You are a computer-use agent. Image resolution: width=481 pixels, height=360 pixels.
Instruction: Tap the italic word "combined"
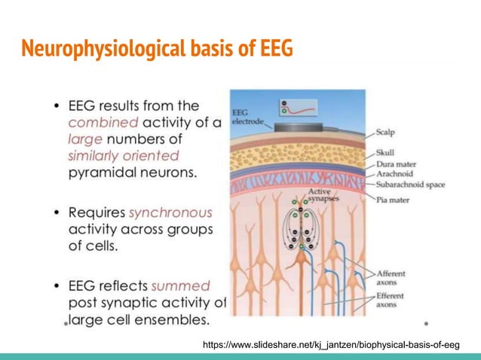pos(102,122)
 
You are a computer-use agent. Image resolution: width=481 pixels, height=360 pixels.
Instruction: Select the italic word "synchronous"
pos(170,212)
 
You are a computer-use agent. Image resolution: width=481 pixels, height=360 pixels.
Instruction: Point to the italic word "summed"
pos(180,286)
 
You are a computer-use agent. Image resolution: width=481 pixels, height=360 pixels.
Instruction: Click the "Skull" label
pos(385,153)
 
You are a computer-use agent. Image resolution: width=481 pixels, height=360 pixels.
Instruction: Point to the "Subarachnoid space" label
pos(410,184)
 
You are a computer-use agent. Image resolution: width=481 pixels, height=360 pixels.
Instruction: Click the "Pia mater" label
pos(392,199)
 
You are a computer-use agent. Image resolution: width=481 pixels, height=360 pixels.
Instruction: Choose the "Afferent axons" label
pos(391,273)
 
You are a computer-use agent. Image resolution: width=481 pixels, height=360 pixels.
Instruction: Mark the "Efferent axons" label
pos(391,301)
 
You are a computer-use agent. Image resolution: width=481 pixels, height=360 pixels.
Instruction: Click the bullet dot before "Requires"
pos(57,212)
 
